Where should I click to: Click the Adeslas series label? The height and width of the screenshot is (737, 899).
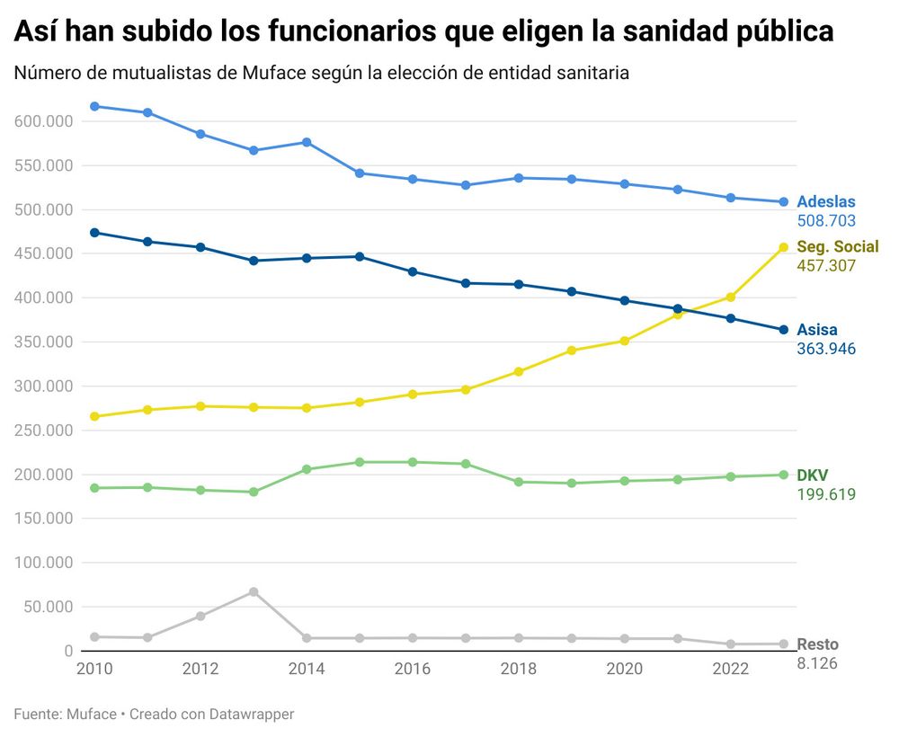tap(825, 202)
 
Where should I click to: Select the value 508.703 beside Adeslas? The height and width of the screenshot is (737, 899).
tap(825, 221)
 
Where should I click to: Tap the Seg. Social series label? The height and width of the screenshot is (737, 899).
tap(837, 247)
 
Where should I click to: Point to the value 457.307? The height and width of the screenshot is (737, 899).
tap(825, 266)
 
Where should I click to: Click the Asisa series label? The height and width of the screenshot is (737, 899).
tap(816, 330)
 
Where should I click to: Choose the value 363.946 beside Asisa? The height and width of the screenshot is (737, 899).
tap(825, 349)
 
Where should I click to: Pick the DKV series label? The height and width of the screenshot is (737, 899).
tap(813, 475)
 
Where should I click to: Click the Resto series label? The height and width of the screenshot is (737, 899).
tap(817, 644)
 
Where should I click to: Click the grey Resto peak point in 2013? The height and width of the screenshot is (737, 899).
tap(254, 591)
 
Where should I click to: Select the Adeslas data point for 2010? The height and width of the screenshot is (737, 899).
tap(94, 106)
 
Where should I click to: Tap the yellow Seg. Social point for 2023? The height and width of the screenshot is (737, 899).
tap(783, 247)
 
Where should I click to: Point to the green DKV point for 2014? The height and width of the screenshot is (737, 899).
tap(307, 469)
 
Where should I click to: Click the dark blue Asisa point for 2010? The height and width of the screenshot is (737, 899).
tap(94, 233)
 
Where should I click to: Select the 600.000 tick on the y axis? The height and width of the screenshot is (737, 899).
tap(43, 121)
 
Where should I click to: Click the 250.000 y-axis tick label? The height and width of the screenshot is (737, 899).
tap(43, 431)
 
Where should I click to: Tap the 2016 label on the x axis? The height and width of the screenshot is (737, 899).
tap(413, 669)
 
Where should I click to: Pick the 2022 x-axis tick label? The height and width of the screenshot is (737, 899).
tap(730, 669)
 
